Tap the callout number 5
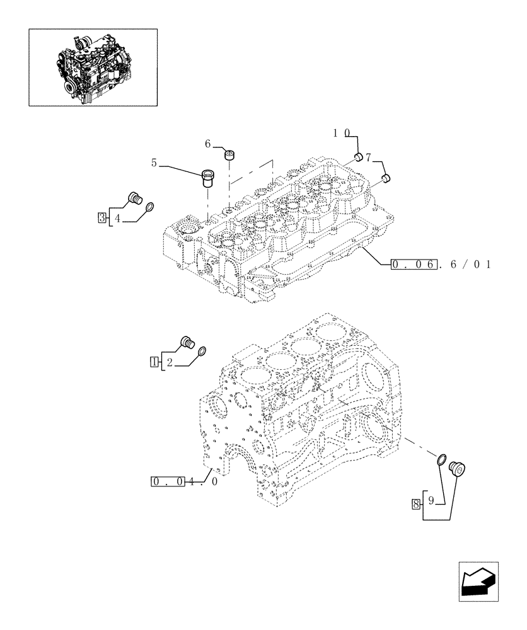click(154, 163)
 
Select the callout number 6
click(207, 144)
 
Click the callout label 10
click(341, 133)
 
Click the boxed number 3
click(102, 218)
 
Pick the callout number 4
click(117, 219)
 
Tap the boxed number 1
click(154, 362)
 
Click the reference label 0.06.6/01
click(441, 265)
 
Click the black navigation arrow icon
click(477, 580)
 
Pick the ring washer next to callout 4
click(151, 207)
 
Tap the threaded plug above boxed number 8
click(456, 469)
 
